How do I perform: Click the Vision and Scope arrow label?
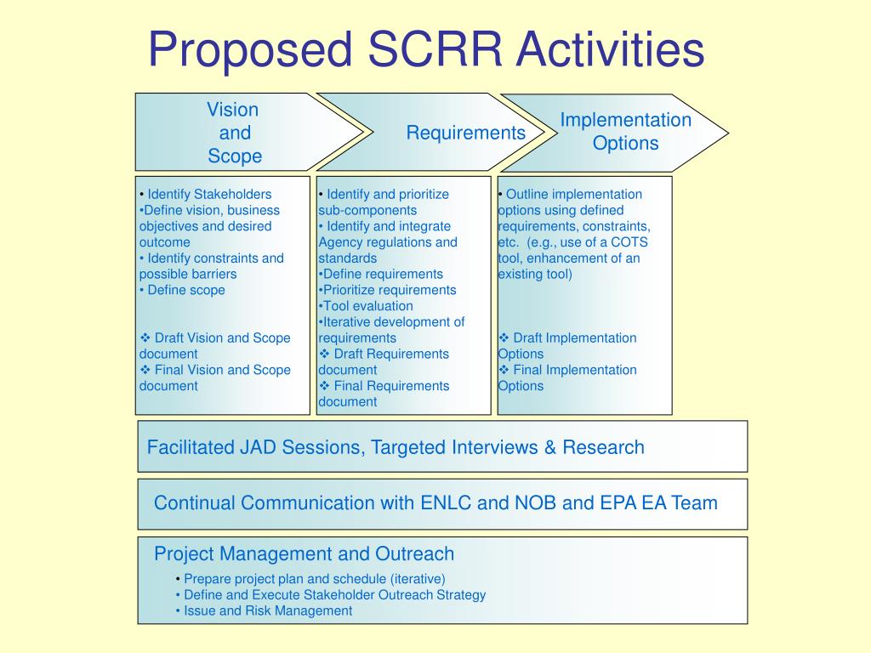(234, 133)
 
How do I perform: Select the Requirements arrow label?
(465, 133)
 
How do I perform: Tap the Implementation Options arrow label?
(625, 132)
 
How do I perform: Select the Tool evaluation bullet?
(367, 306)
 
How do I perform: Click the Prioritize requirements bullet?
(389, 290)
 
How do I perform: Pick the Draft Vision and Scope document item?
(215, 345)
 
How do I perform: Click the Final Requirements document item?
(384, 394)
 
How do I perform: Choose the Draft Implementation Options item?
(567, 345)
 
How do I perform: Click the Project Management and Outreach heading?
(304, 554)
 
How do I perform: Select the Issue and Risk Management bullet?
(268, 610)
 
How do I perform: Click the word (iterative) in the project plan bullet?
(418, 579)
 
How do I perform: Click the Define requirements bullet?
(382, 274)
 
